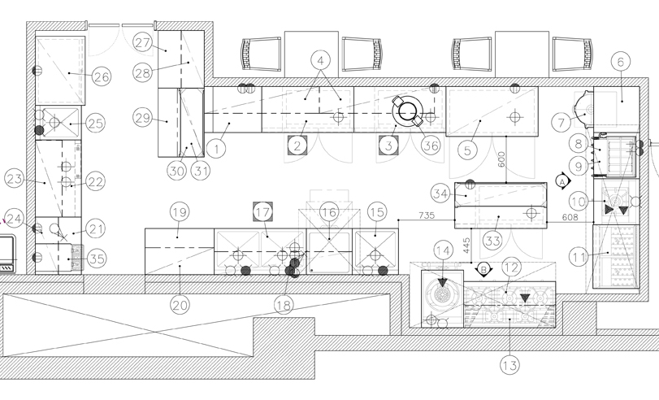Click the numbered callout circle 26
click(x=101, y=78)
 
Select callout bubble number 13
click(x=509, y=365)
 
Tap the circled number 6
click(x=620, y=61)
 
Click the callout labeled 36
click(x=430, y=147)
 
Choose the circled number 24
click(x=13, y=217)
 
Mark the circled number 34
click(x=441, y=193)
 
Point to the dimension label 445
click(x=467, y=246)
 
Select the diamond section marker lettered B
click(x=483, y=267)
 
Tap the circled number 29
click(x=143, y=119)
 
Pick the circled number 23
click(x=13, y=178)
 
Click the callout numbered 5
click(x=466, y=149)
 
